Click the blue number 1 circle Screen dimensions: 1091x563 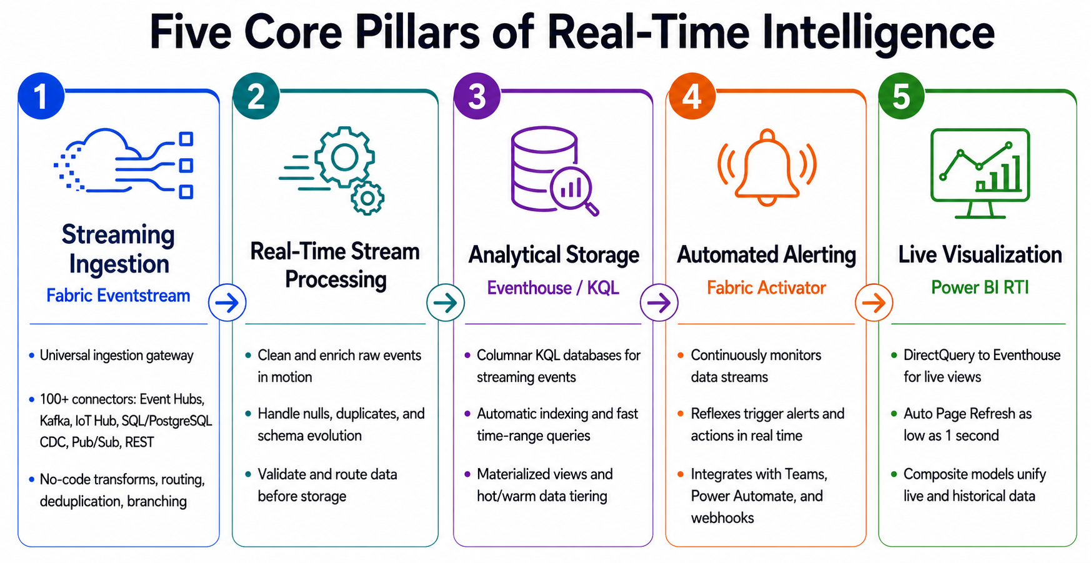point(41,96)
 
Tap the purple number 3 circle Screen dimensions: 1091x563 point(477,96)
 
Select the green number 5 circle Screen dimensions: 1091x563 point(901,96)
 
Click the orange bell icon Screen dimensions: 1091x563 point(767,167)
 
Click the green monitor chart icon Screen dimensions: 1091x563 point(980,173)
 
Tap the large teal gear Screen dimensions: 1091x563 point(344,157)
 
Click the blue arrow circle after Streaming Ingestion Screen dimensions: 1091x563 point(227,303)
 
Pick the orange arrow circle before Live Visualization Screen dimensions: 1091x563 point(874,303)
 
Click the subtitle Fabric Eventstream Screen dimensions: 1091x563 point(118,296)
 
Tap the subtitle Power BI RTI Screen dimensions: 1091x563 point(980,287)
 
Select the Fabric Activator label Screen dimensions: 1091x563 point(767,287)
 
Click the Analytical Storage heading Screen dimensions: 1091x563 point(554,255)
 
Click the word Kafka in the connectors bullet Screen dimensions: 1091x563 point(55,421)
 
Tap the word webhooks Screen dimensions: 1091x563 point(722,517)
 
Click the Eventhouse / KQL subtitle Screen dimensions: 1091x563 point(553,288)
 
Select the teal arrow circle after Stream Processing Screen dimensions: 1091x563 point(446,303)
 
